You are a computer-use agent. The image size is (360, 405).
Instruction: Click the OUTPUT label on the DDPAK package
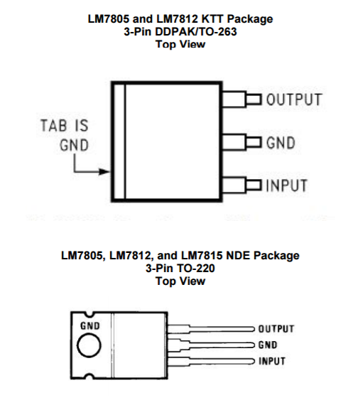(294, 99)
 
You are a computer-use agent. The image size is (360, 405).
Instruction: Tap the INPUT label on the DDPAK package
(286, 185)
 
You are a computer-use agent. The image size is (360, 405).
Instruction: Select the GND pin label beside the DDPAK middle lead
(280, 143)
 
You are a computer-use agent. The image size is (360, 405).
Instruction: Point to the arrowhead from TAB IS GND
(104, 171)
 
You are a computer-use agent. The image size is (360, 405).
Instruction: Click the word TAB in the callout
(54, 126)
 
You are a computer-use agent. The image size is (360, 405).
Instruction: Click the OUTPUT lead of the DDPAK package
(242, 99)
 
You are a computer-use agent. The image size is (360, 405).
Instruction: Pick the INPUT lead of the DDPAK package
(242, 185)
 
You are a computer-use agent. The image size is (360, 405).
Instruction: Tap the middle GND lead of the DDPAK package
(242, 142)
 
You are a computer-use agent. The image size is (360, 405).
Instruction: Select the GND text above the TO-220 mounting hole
(90, 325)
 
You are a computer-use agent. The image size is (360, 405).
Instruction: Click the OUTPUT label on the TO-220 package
(276, 329)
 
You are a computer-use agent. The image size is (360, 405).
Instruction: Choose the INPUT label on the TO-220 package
(272, 361)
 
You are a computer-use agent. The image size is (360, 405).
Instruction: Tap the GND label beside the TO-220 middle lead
(268, 345)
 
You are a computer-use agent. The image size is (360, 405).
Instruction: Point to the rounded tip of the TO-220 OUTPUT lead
(254, 329)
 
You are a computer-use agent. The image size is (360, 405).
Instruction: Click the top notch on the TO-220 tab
(89, 314)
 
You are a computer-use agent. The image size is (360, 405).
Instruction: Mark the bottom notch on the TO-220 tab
(89, 377)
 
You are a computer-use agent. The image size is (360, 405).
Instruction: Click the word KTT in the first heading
(212, 19)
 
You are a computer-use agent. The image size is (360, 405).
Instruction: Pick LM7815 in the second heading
(202, 256)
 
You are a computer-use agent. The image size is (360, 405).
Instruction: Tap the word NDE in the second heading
(239, 256)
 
